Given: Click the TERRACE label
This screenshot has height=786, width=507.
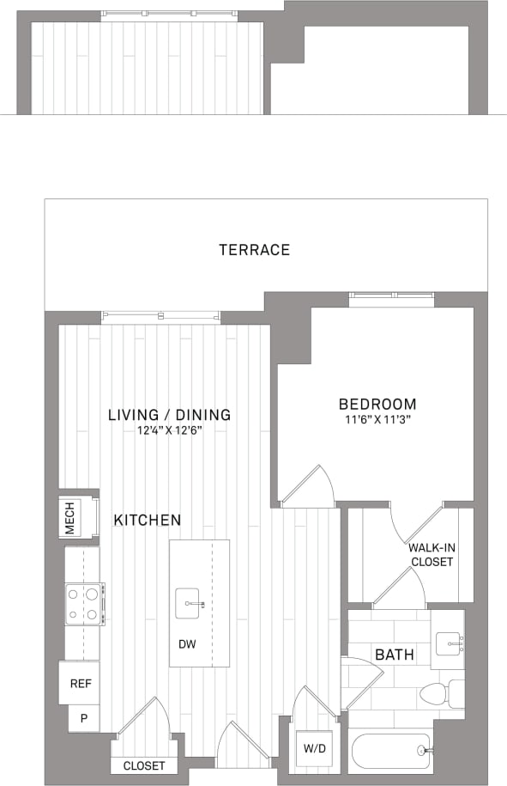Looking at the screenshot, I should (x=254, y=250).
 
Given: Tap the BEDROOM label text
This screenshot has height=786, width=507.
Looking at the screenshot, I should (x=377, y=404).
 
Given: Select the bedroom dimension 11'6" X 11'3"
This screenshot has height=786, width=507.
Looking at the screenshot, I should (x=377, y=421).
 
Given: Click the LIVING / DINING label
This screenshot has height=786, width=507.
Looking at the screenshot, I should (x=169, y=415).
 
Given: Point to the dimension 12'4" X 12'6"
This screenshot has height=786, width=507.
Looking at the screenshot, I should (x=169, y=430).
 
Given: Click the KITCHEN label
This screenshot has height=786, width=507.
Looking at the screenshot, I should (x=147, y=520).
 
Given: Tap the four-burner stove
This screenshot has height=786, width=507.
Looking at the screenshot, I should (x=85, y=603).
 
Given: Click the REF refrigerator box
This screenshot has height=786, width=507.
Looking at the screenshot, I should (x=80, y=684).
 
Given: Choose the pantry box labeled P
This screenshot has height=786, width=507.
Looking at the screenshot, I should (x=84, y=717).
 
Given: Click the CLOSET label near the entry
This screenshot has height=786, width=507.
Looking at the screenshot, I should (x=144, y=765).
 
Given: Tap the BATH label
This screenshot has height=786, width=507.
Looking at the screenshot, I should (x=394, y=655).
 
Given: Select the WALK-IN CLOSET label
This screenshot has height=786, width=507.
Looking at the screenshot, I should (x=430, y=554).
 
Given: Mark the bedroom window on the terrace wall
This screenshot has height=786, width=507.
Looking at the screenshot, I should (x=392, y=299).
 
